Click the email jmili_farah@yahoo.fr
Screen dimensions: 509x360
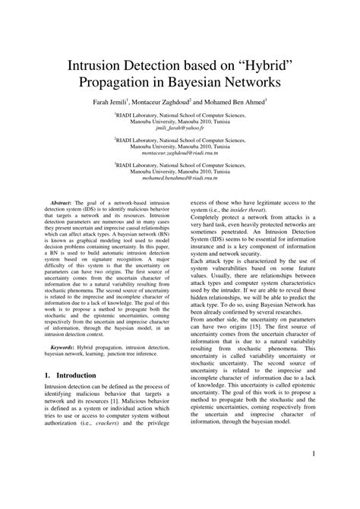coord(180,129)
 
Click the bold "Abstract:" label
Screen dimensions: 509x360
coord(63,205)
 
